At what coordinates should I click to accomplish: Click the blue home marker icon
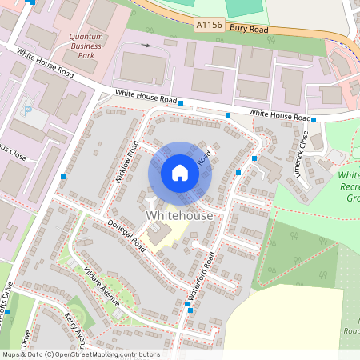coord(180,173)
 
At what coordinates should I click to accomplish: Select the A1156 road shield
coord(209,26)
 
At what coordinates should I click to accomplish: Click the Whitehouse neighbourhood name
coord(180,216)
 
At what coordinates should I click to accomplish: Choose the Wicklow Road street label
coord(127,162)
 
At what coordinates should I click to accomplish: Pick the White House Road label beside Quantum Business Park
coord(45,62)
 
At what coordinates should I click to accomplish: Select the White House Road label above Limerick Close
coord(279,116)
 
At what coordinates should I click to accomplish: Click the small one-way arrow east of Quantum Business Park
coord(146,46)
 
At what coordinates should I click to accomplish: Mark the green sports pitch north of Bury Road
coord(243,6)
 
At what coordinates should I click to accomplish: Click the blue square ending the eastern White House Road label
coord(314,120)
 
